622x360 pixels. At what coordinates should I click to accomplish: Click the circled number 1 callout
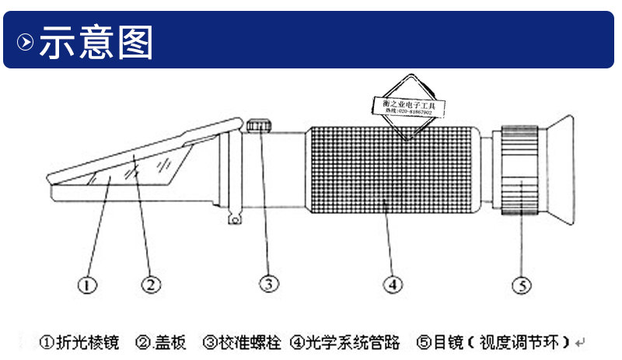[x=87, y=285]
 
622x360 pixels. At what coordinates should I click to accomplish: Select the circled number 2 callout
[x=151, y=285]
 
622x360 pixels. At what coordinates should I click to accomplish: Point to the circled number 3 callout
[x=268, y=285]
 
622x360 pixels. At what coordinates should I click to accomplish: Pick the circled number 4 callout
[x=393, y=285]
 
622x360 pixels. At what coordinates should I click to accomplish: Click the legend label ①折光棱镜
[x=80, y=341]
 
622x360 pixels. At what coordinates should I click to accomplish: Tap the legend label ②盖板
[x=160, y=341]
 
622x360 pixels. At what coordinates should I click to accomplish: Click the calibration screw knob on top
[x=260, y=125]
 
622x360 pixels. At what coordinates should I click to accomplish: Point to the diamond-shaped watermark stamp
[x=409, y=107]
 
